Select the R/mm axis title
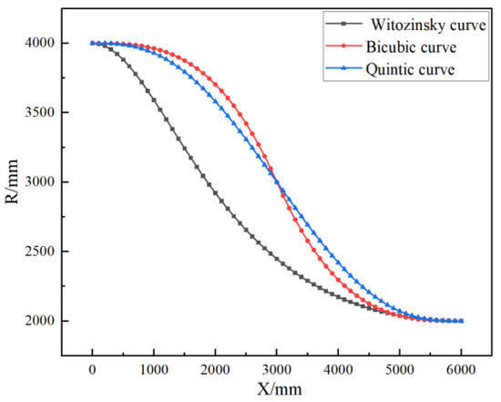15,182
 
